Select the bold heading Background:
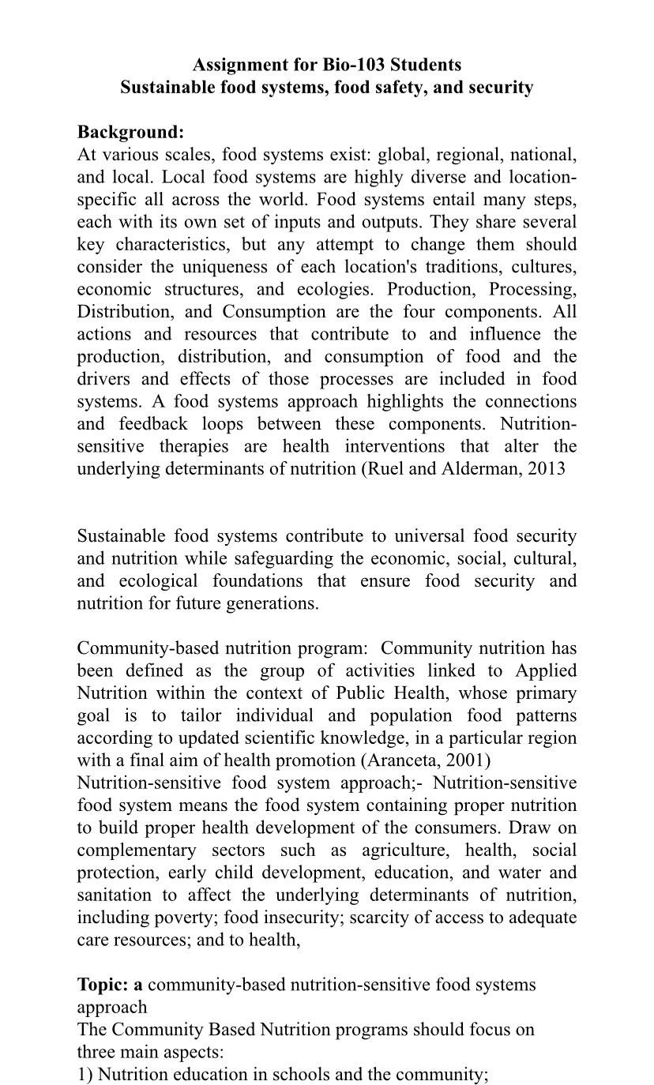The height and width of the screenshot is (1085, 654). [130, 132]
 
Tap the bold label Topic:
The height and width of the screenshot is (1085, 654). [103, 985]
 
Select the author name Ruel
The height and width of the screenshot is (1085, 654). [386, 468]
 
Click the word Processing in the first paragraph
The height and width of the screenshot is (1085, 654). [532, 289]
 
